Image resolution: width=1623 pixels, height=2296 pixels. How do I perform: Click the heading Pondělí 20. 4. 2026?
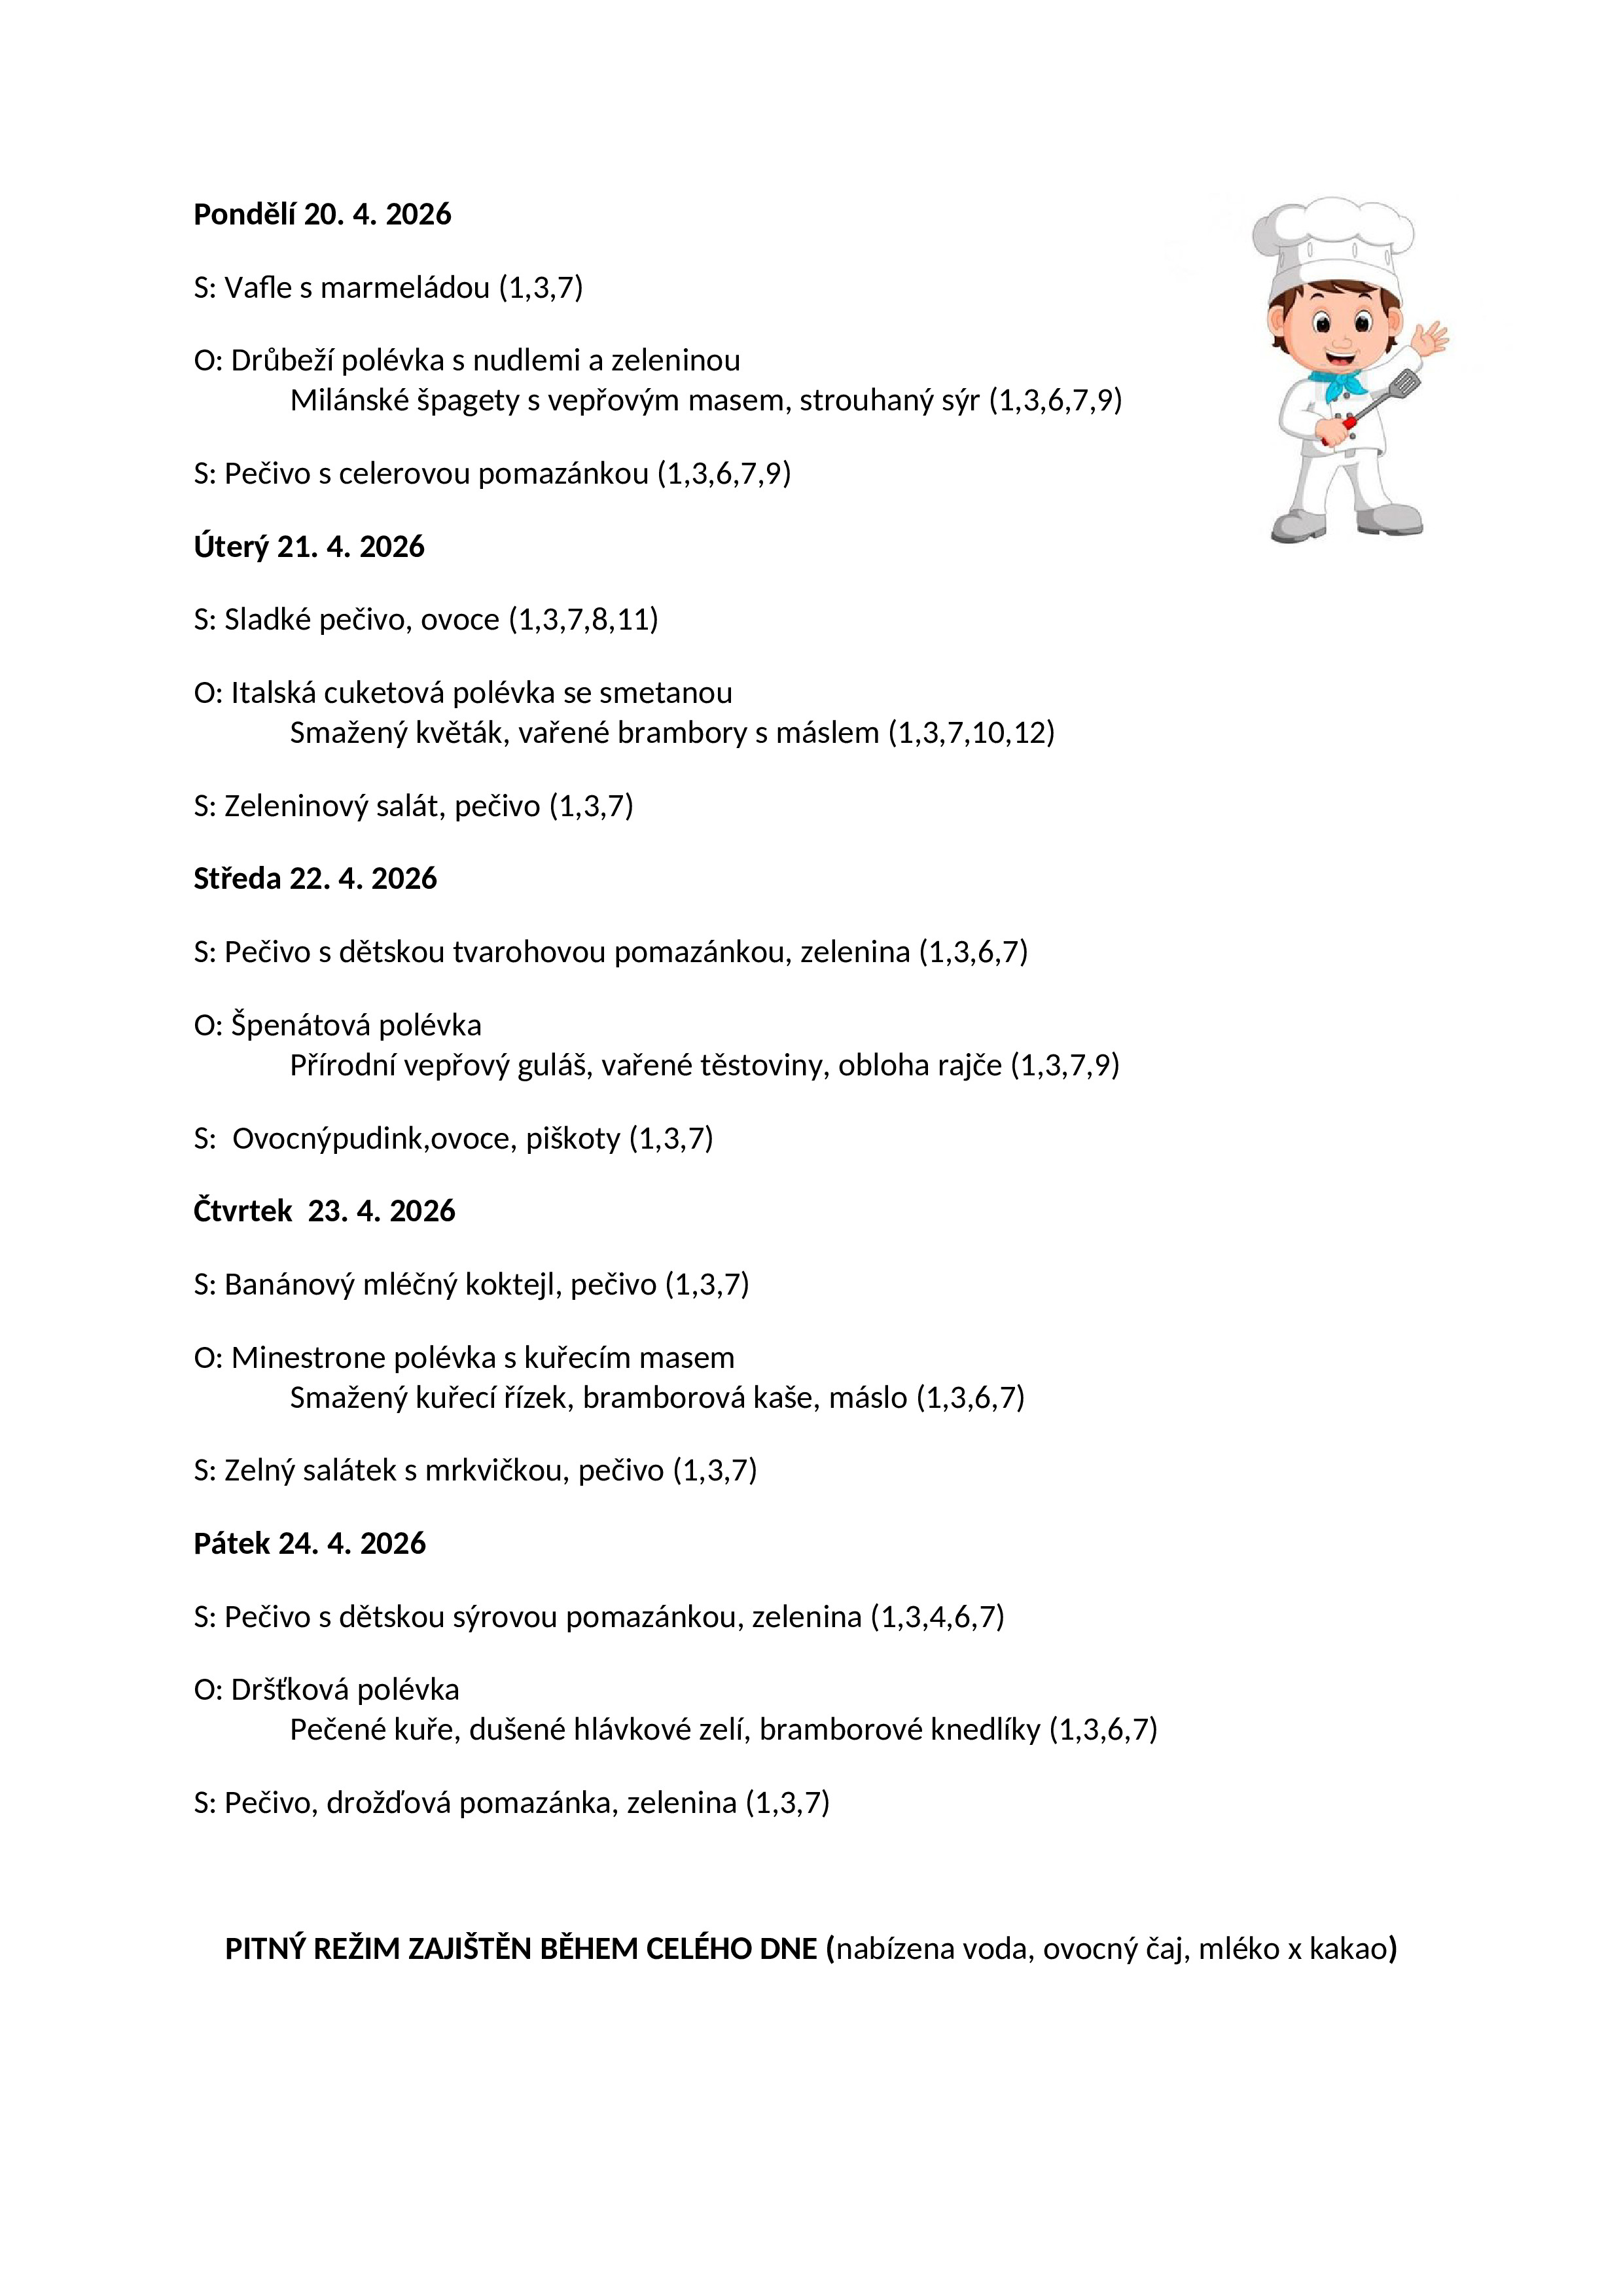click(x=322, y=214)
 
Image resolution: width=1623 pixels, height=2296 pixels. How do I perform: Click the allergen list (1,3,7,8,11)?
click(x=584, y=620)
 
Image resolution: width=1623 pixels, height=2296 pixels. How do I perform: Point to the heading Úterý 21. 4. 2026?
click(x=309, y=547)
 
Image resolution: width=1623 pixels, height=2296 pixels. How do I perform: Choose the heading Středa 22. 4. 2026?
click(x=315, y=879)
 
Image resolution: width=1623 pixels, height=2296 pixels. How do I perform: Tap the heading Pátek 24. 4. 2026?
click(x=309, y=1544)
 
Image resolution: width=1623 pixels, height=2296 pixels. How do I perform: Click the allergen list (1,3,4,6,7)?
click(x=937, y=1617)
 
